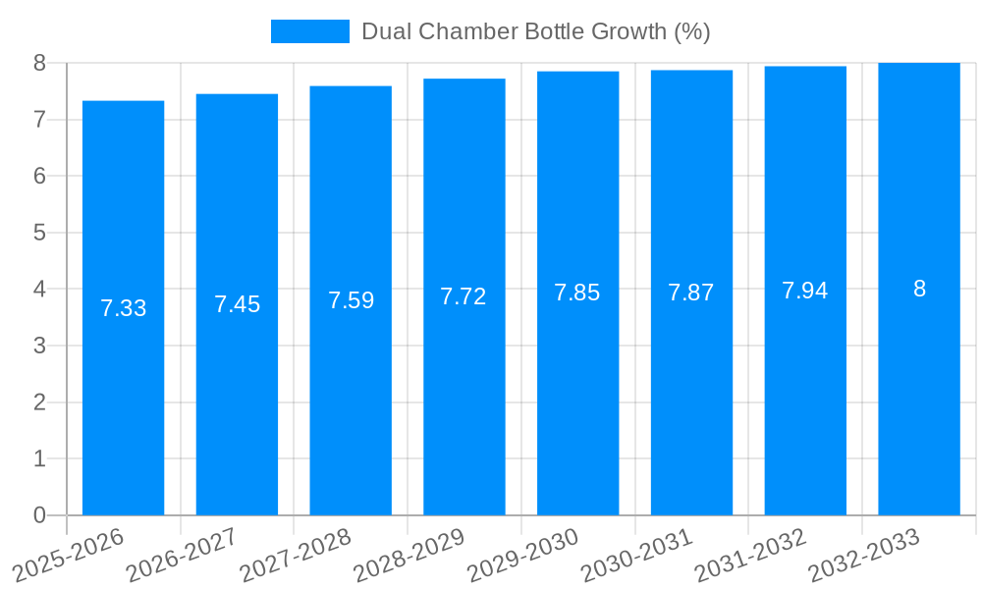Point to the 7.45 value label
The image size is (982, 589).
237,304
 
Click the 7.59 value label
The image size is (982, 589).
351,300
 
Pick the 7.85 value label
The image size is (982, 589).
577,293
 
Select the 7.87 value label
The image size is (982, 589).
691,293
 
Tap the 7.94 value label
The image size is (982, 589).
805,291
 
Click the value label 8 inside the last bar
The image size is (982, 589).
919,289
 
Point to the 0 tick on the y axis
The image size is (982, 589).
39,515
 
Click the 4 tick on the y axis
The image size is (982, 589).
39,290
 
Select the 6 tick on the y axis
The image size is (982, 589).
39,177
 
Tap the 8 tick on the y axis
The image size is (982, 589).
39,63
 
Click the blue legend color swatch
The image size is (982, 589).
310,31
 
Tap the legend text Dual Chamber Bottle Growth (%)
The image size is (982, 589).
535,31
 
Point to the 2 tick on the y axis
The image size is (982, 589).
39,402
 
